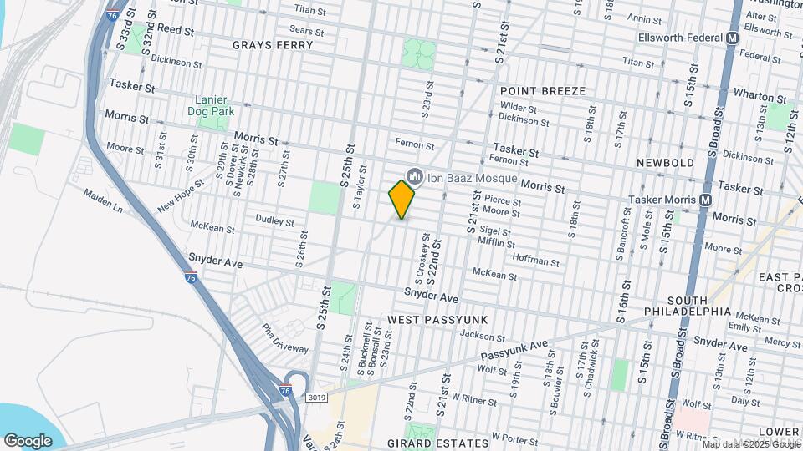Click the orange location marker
pos(401,199)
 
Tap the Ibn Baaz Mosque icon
pos(414,175)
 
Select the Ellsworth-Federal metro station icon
pos(733,38)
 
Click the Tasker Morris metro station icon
pos(706,200)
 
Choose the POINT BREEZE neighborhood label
pos(543,90)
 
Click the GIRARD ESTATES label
pos(437,443)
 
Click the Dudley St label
pos(275,222)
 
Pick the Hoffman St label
pos(535,261)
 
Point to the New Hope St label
pos(180,195)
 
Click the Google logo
pos(28,440)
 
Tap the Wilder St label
pos(519,107)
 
